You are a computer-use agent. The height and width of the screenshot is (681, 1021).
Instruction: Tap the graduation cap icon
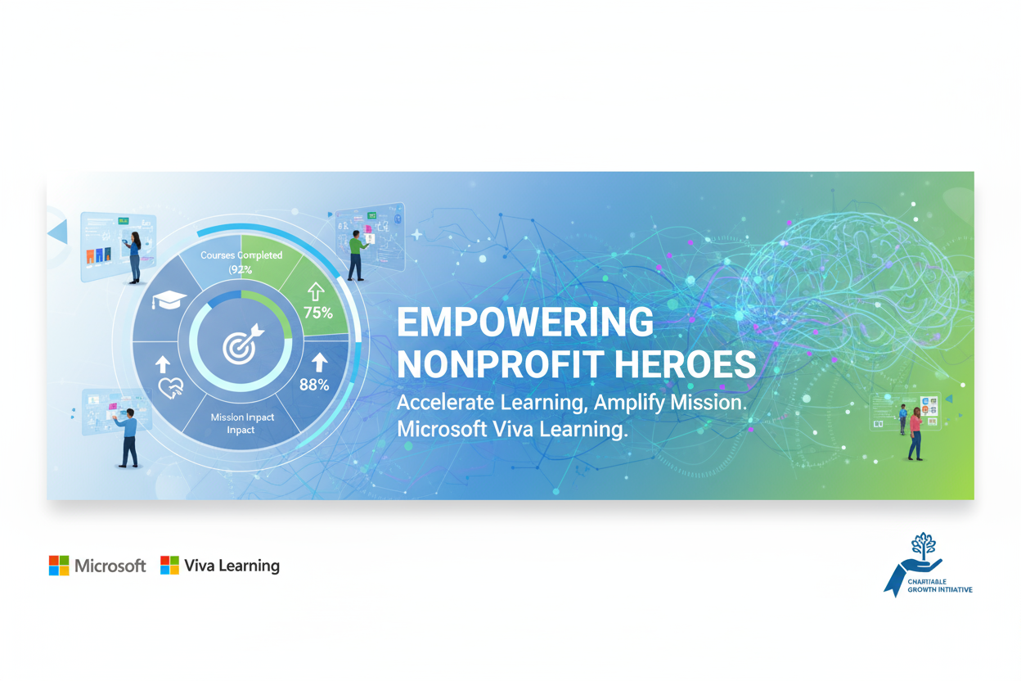[x=169, y=300]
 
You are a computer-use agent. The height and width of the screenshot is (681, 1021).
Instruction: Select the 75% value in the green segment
[x=317, y=312]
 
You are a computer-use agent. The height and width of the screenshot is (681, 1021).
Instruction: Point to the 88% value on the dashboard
[x=314, y=384]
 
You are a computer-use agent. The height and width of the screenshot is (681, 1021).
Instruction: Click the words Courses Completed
[x=241, y=255]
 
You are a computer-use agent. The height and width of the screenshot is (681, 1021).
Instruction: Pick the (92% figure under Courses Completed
[x=241, y=269]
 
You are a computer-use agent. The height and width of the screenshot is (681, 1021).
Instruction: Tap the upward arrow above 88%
[x=319, y=362]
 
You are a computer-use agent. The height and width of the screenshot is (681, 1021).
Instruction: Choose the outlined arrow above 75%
[x=316, y=291]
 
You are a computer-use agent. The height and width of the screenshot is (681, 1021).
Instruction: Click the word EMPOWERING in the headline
[x=525, y=322]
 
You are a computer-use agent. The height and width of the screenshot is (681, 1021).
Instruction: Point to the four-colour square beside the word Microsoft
[x=59, y=566]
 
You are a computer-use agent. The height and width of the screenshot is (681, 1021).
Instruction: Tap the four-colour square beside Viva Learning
[x=169, y=566]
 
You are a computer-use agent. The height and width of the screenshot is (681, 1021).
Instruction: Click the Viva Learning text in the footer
[x=232, y=566]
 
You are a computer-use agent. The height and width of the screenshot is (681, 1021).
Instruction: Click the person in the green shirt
[x=356, y=254]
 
